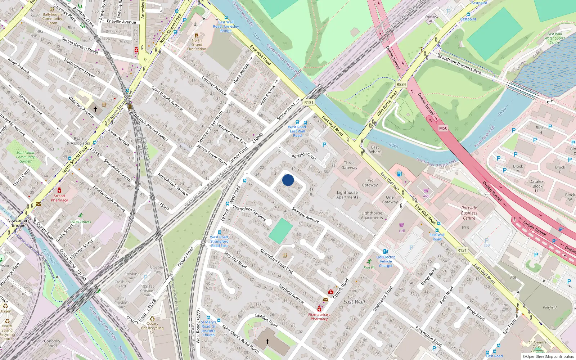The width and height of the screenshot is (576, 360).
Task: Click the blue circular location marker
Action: (288, 180)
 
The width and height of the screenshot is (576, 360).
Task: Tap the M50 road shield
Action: (443, 128)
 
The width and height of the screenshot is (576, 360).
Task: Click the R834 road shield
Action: (401, 84)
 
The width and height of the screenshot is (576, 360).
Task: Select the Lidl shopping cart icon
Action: (402, 225)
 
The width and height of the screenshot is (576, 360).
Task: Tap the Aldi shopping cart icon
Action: (426, 190)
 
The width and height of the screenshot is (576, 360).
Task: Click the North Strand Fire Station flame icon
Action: (197, 35)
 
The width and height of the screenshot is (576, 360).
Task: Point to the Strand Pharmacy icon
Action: (59, 190)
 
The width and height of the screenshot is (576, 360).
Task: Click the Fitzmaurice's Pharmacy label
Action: (319, 316)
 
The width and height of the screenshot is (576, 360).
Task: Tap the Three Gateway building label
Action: (349, 165)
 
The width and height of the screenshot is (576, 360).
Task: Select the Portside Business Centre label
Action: (469, 213)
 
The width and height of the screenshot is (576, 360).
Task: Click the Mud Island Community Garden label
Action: (25, 157)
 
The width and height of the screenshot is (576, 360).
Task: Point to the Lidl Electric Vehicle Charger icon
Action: (386, 252)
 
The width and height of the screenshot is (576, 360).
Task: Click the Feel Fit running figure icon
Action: (369, 261)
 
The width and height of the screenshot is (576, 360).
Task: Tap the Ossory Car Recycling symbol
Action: (152, 319)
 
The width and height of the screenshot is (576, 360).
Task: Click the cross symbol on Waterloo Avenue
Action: (95, 108)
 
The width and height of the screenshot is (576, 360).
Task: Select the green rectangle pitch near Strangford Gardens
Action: (281, 231)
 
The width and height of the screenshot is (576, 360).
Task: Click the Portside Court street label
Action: (304, 156)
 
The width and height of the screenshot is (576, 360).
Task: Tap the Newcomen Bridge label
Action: (18, 222)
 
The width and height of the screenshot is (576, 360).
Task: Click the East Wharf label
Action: (375, 149)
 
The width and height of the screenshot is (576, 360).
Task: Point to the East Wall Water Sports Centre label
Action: (554, 38)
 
